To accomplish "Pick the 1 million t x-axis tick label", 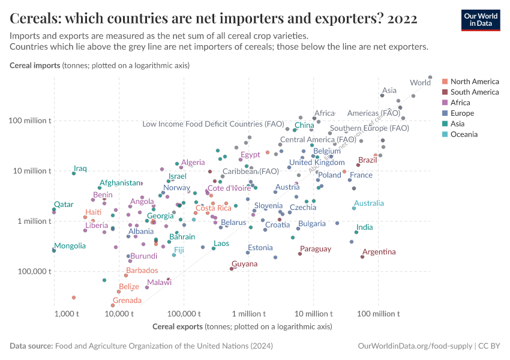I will pos(248,314).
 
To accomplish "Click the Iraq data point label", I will pos(80,169).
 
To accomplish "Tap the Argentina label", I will pos(379,251).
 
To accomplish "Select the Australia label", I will pos(369,203).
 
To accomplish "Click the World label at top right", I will pos(419,83).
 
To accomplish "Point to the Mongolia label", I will pos(70,246).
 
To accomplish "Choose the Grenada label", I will pos(127,301).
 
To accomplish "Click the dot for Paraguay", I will pos(300,254).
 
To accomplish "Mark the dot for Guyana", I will pos(232,269).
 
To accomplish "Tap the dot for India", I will pos(356,232).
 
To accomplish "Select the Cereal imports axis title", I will pos(35,66).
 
